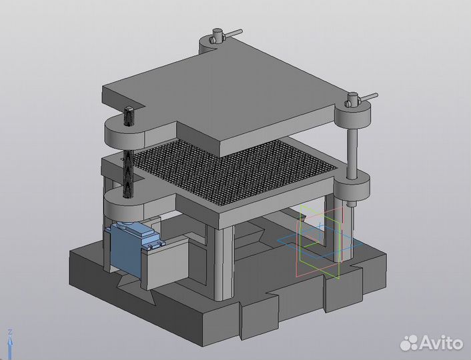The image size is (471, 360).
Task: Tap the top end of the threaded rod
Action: tap(129, 116)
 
